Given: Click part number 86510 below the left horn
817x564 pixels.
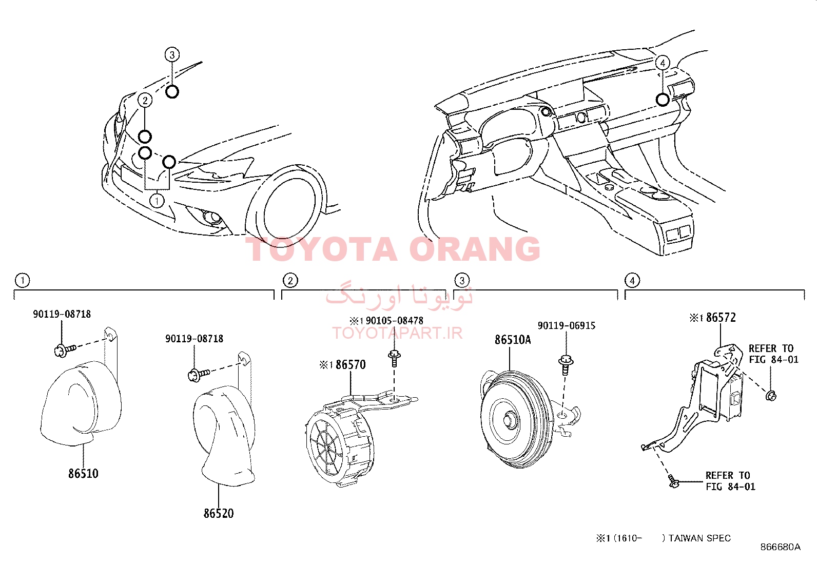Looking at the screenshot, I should coord(83,473).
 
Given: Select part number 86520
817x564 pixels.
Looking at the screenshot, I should coord(219,513).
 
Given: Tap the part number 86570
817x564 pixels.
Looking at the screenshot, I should coord(351,365).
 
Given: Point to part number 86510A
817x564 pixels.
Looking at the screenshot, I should coord(513,340).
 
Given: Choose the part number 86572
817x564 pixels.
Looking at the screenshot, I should coord(721,318).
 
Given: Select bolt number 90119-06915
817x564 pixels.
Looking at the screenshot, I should coord(567,326).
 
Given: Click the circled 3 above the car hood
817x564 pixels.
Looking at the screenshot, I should coord(172,55).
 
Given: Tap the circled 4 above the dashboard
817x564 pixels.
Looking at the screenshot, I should coord(663,63).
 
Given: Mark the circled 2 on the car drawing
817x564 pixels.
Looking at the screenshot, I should coord(145,100).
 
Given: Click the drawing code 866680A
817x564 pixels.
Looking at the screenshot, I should coord(780,547).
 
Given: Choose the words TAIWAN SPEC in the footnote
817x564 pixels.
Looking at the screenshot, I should coord(699,538).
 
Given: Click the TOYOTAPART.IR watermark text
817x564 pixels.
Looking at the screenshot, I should coord(397,333).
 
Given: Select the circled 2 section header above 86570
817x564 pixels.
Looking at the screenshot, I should coord(290,280).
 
